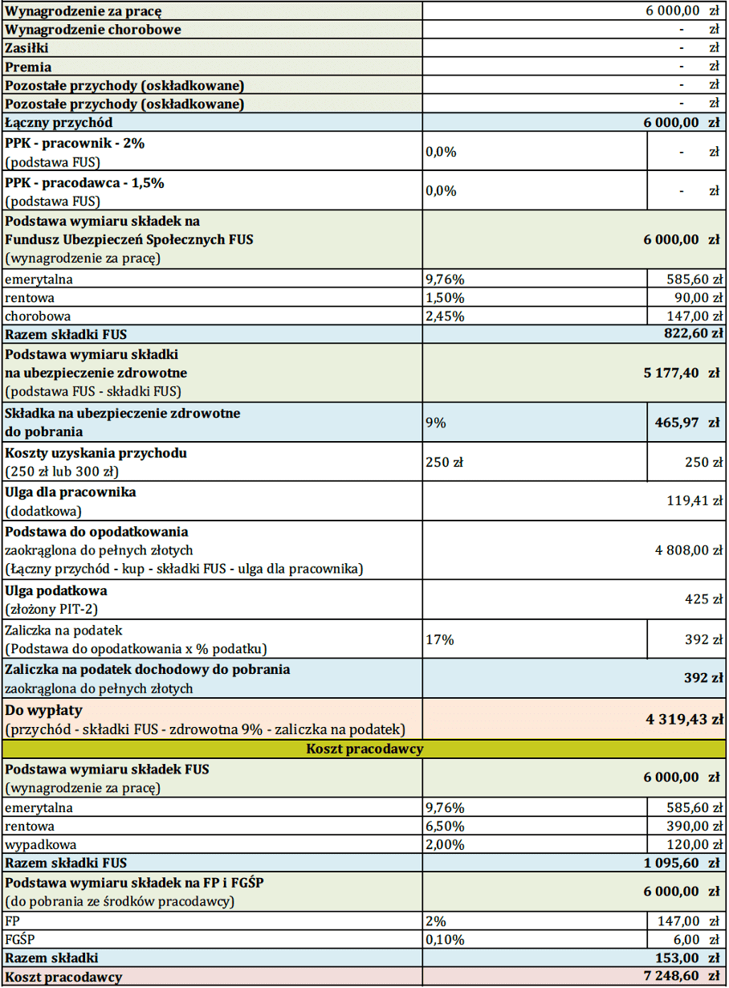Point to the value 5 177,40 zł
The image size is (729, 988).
[x=681, y=373]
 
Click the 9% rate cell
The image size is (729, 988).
[x=436, y=422]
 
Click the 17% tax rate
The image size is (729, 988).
[x=440, y=639]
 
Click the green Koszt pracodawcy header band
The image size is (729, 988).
[x=364, y=749]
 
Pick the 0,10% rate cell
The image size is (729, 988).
[x=444, y=939]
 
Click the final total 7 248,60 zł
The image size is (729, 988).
[x=681, y=976]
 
